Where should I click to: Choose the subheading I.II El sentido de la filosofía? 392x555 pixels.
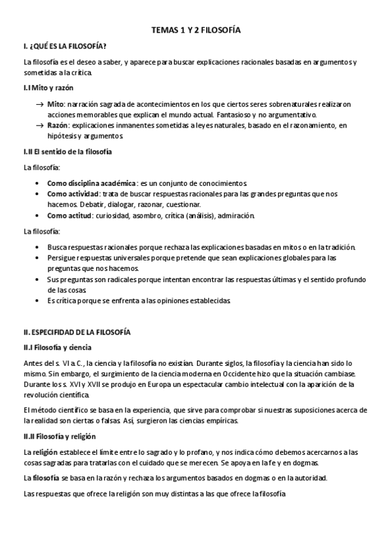point(68,152)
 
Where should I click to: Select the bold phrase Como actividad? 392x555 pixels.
point(73,194)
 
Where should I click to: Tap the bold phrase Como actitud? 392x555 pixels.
point(69,215)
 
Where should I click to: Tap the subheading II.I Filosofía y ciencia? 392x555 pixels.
point(58,348)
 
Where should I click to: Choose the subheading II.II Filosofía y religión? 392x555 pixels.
point(60,437)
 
